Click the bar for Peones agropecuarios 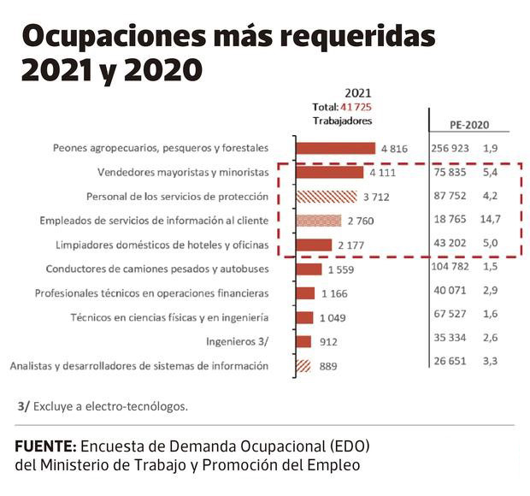335,148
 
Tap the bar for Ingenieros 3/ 303,342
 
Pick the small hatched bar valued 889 303,366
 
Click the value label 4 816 394,148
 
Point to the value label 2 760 361,221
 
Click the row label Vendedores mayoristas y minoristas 183,172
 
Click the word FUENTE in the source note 45,447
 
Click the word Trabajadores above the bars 343,121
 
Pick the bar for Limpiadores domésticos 313,245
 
